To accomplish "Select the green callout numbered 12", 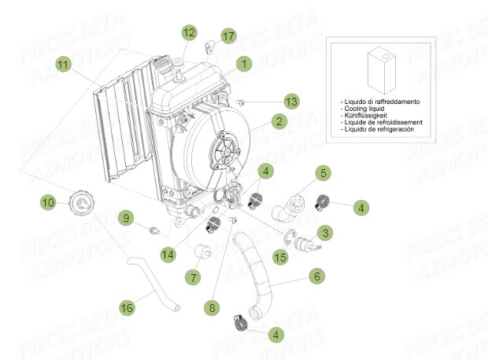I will [189, 32].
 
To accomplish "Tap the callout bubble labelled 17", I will [227, 36].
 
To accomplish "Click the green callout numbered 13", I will [292, 102].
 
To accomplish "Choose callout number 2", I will [278, 121].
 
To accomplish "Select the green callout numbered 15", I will [280, 257].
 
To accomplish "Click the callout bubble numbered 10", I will [49, 202].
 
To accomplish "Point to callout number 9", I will [125, 217].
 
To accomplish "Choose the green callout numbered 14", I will [168, 254].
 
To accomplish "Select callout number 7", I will [191, 277].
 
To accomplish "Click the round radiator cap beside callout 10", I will [81, 204].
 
